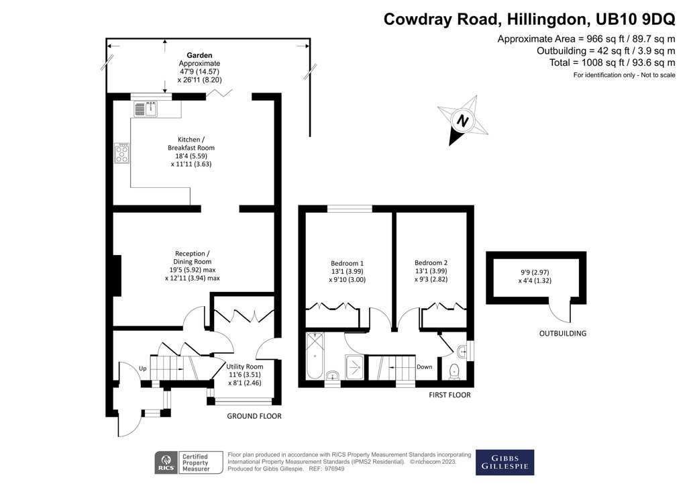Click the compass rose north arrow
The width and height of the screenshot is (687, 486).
tap(462, 121)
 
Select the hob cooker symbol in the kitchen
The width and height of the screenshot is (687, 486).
tap(123, 154)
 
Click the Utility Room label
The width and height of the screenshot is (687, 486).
tap(245, 367)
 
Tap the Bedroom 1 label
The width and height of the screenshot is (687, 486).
tap(347, 262)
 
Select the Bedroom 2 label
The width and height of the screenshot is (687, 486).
tap(431, 262)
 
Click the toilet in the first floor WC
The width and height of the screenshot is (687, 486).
tap(455, 369)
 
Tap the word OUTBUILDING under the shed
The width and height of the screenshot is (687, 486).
tap(562, 334)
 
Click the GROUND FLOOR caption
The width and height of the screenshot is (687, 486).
tap(254, 416)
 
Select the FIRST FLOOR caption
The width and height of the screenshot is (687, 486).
tap(450, 395)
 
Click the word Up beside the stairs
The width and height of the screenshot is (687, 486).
tap(142, 369)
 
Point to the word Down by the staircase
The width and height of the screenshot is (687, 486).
tap(424, 367)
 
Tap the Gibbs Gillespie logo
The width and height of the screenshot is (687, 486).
tap(505, 463)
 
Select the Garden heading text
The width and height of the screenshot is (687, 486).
tap(199, 55)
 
